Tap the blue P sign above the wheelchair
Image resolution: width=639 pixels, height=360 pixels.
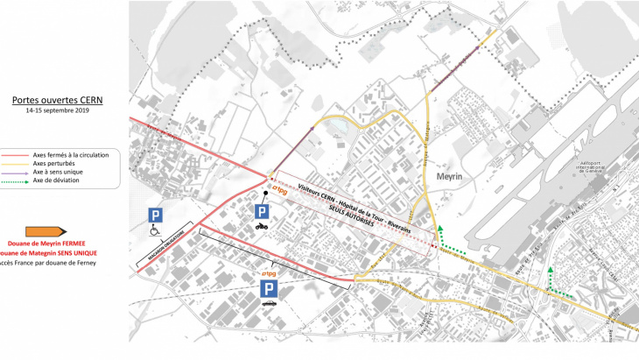point(154,215)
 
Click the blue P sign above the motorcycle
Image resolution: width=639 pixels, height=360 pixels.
point(261,210)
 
